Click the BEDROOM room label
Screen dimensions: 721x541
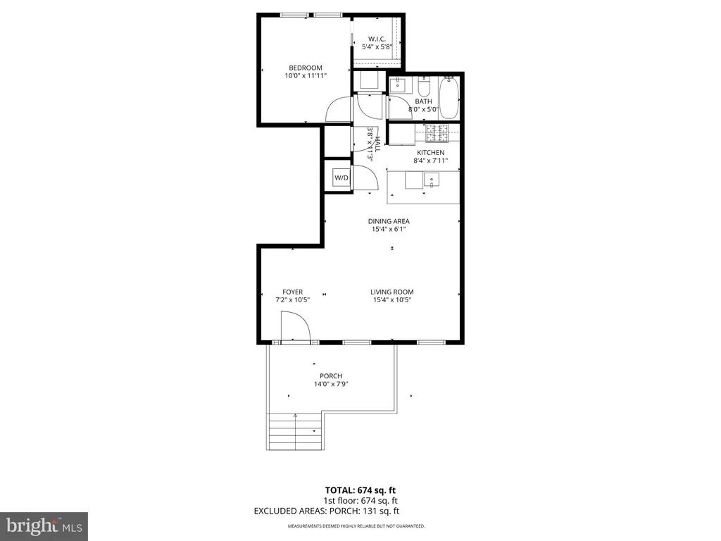306,68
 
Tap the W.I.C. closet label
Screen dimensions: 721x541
377,39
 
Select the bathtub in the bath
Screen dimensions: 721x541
449,98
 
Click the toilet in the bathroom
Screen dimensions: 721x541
423,85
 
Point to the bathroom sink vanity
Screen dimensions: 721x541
397,85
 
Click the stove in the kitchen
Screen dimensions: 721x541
437,133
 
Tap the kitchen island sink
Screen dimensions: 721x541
432,180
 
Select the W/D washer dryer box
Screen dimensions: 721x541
341,178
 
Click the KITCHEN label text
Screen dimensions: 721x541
430,152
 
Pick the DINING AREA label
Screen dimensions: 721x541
389,221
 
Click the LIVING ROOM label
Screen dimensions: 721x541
391,292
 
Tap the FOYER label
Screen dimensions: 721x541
292,292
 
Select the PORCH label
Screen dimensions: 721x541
331,376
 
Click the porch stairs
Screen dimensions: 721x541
295,432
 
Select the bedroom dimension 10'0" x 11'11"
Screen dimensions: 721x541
306,76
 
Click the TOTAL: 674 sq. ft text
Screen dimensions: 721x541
360,490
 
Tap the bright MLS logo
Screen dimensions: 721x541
44,526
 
